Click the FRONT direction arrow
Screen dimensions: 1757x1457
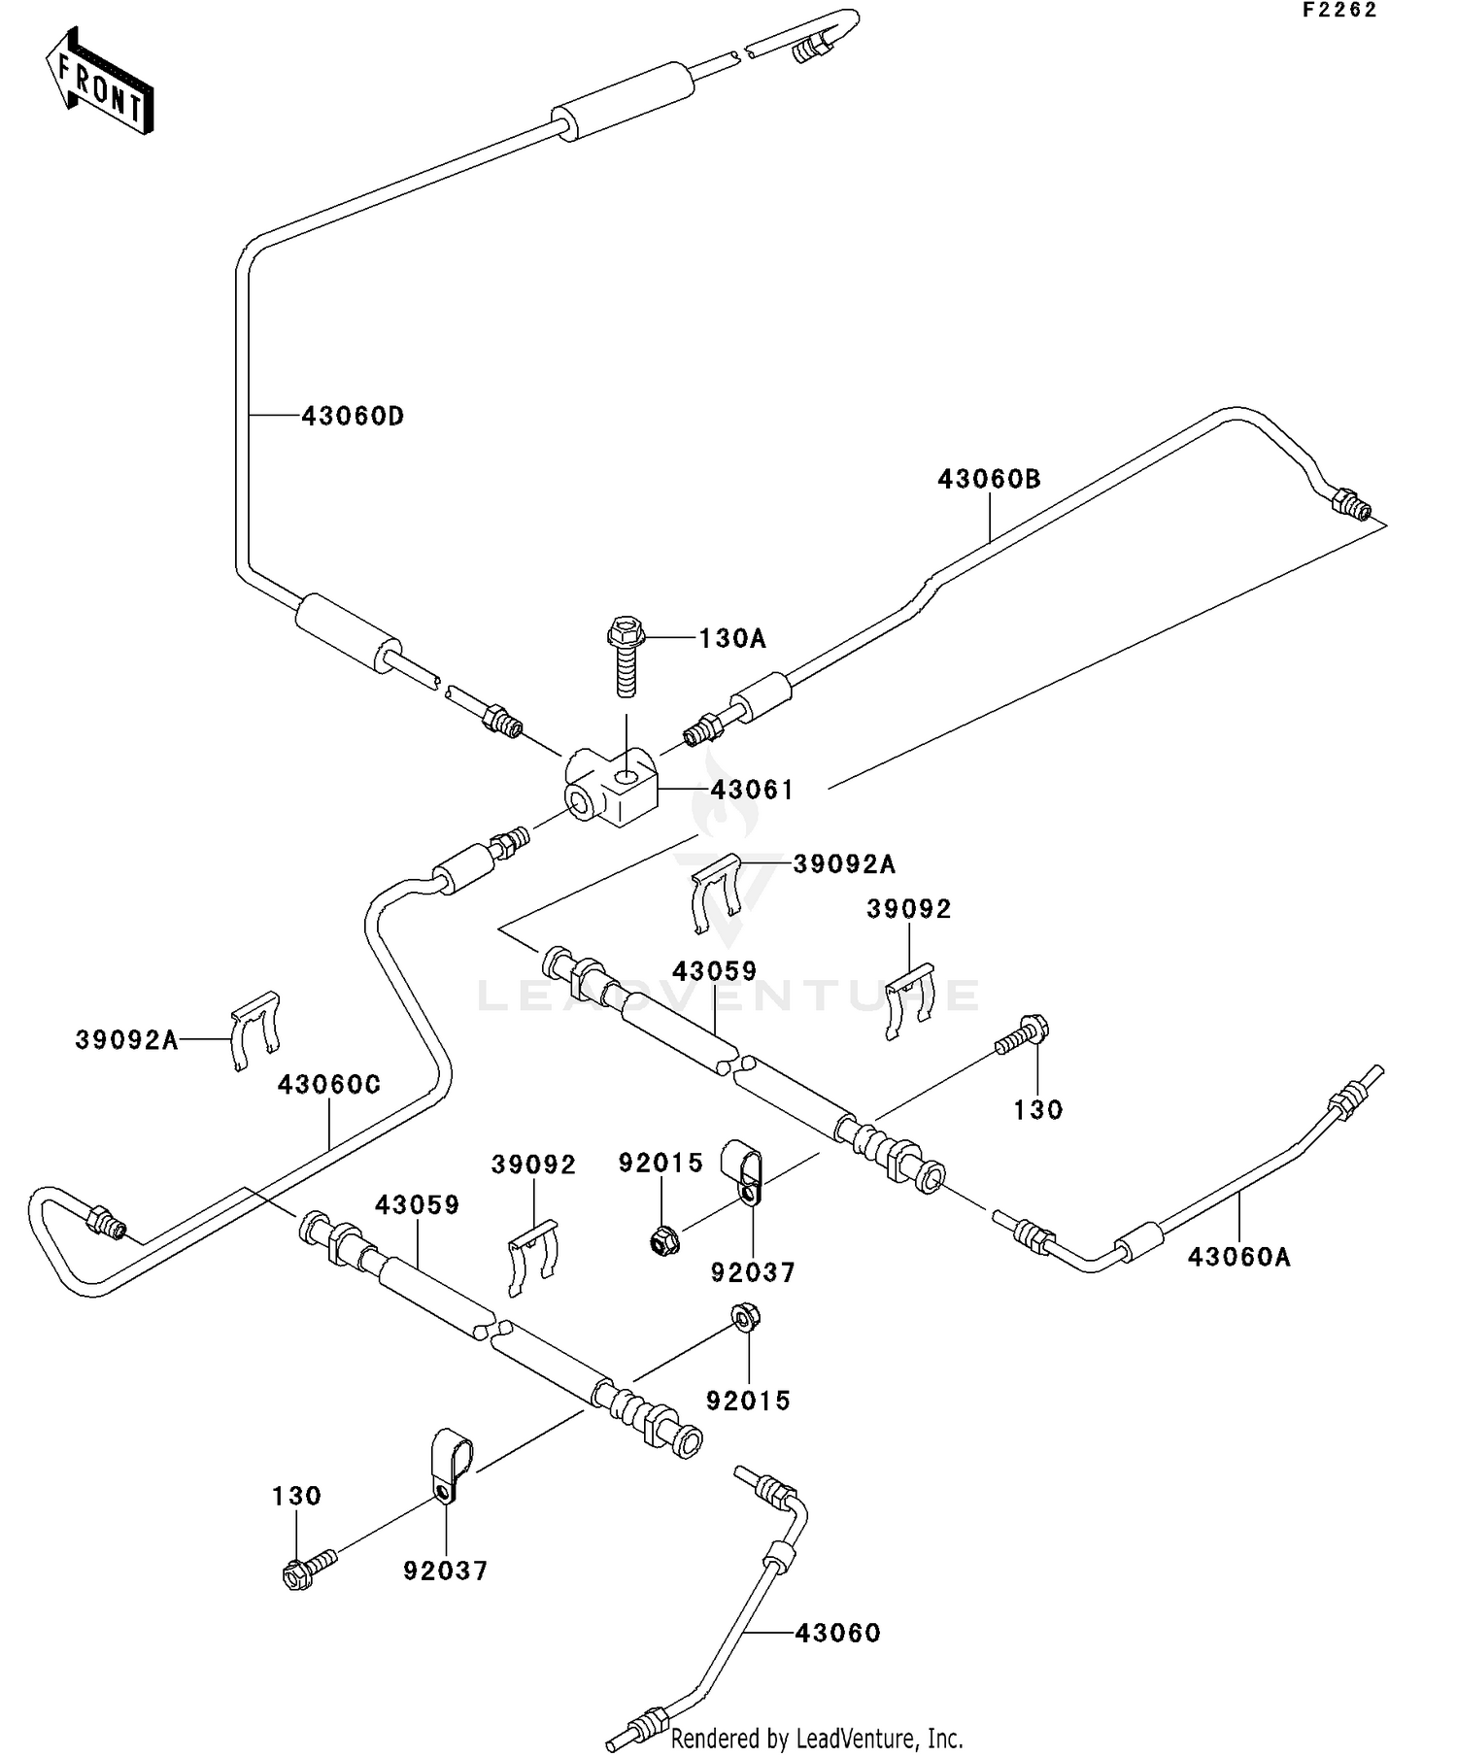point(100,82)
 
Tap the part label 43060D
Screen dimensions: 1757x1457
point(352,417)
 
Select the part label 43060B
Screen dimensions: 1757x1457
point(988,479)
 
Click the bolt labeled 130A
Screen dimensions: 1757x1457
point(626,656)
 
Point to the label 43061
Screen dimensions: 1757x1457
point(752,790)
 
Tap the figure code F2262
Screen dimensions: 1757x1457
point(1339,11)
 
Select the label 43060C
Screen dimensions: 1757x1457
point(328,1085)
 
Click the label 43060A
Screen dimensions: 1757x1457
point(1238,1257)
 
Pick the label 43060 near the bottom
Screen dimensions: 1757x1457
point(837,1633)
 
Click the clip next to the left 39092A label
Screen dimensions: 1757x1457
point(255,1029)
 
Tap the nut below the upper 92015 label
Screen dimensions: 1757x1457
point(663,1239)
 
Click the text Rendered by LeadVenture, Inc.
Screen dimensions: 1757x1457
point(816,1737)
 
